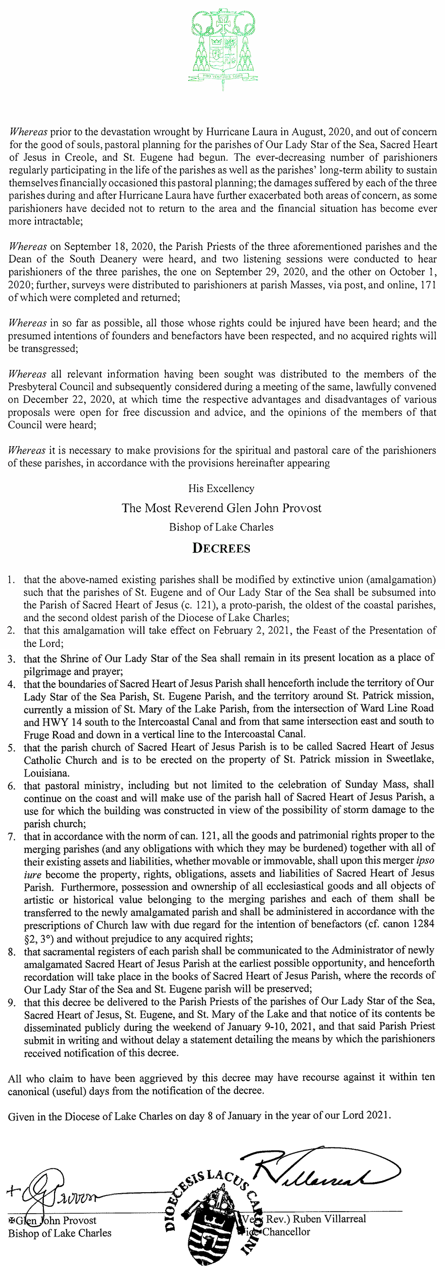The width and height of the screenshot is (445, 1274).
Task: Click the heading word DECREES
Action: tap(221, 548)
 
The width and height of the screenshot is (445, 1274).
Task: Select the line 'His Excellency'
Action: tap(221, 489)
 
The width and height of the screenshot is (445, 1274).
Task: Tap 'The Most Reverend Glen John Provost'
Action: tap(222, 508)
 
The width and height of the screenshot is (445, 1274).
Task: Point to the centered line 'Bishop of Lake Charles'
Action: tap(221, 527)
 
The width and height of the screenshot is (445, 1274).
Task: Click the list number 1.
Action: tap(11, 579)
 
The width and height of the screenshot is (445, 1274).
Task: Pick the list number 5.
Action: tap(11, 747)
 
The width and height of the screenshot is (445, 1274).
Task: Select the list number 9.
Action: tap(11, 1001)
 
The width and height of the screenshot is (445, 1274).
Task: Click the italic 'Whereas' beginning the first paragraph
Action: tap(28, 132)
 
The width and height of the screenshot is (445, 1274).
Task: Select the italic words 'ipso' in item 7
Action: tap(424, 860)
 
